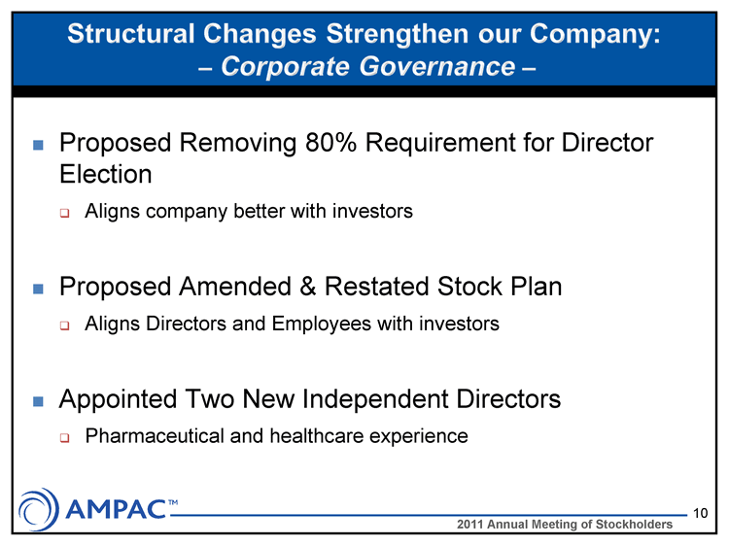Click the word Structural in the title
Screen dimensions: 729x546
[130, 34]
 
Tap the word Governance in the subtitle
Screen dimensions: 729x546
[437, 66]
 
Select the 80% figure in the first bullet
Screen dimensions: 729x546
[330, 142]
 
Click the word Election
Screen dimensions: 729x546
[106, 174]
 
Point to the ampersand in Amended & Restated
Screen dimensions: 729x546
[307, 287]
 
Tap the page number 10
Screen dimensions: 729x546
[700, 513]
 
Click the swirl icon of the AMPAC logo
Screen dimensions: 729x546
[39, 509]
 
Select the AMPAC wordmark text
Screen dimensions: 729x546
[117, 509]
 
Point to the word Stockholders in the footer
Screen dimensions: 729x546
[634, 525]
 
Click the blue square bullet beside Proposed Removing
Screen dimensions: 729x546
[38, 145]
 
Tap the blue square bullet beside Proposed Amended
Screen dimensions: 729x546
[38, 290]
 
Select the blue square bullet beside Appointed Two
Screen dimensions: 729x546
[38, 401]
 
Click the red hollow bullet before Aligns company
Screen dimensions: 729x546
[64, 214]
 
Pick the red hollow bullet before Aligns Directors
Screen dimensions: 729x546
[64, 325]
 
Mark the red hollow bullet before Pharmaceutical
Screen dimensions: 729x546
[64, 438]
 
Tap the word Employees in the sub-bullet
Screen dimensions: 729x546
[322, 324]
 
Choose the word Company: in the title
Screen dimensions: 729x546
[595, 35]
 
